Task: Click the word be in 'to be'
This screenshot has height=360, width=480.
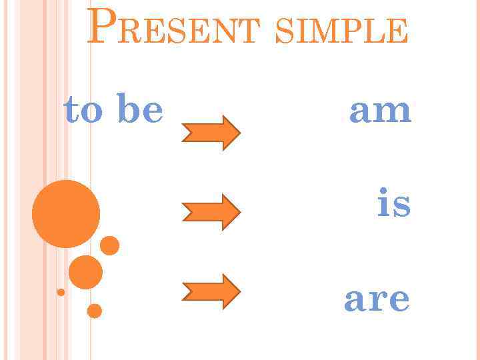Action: tap(139, 109)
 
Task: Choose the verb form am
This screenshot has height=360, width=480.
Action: tap(381, 110)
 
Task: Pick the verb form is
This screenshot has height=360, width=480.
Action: tap(394, 203)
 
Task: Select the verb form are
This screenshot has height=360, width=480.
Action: tap(377, 299)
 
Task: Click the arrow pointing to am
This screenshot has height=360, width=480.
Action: tap(211, 133)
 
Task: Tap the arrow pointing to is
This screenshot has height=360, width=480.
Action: tap(211, 212)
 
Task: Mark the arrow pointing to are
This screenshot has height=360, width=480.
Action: tap(211, 291)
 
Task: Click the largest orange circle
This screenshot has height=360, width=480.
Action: tap(66, 214)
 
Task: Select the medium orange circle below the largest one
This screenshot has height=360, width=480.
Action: tap(85, 272)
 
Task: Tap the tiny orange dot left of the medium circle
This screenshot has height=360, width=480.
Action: tap(61, 292)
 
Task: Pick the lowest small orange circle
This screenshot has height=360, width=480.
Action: tap(95, 311)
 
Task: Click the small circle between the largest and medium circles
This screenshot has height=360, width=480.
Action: tap(109, 246)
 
